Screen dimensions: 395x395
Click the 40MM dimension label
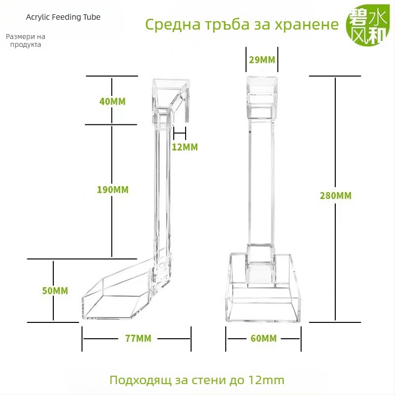pos(112,102)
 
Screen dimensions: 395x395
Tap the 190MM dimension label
pos(112,190)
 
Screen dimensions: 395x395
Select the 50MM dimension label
pos(55,291)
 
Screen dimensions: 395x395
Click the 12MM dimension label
pos(185,147)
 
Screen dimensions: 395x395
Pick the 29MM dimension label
pos(262,60)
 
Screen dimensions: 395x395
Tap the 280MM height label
pos(336,196)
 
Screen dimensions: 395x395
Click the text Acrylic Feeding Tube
pos(63,17)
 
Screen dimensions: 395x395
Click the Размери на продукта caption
pos(26,40)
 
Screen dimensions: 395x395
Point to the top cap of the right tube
pos(262,91)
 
